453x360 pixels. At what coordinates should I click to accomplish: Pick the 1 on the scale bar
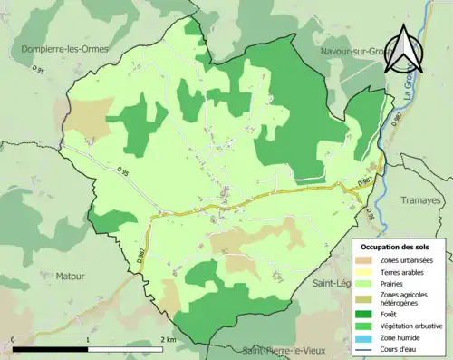coord(88,338)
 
